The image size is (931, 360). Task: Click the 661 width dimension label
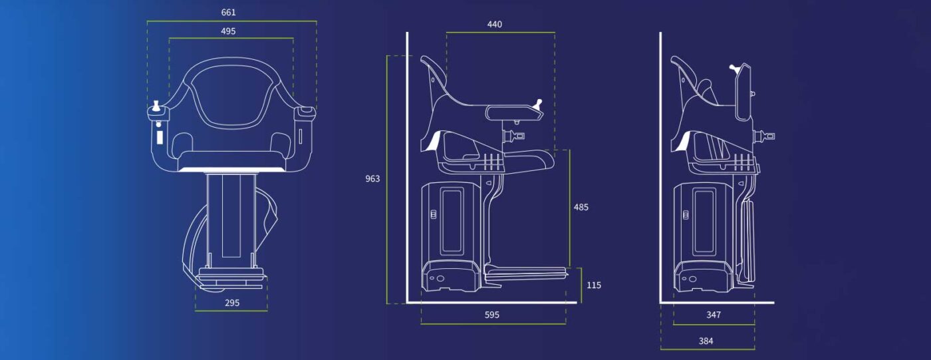(229, 13)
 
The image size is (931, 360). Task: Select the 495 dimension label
(228, 31)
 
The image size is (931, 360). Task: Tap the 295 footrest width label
(232, 303)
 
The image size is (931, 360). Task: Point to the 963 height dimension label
(372, 179)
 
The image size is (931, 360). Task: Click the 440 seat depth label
(495, 25)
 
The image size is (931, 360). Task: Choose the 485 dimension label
(581, 207)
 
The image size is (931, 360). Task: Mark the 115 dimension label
(594, 285)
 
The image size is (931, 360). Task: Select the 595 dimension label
(491, 315)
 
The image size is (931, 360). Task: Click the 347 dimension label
(714, 315)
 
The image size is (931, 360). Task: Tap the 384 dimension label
(706, 341)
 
